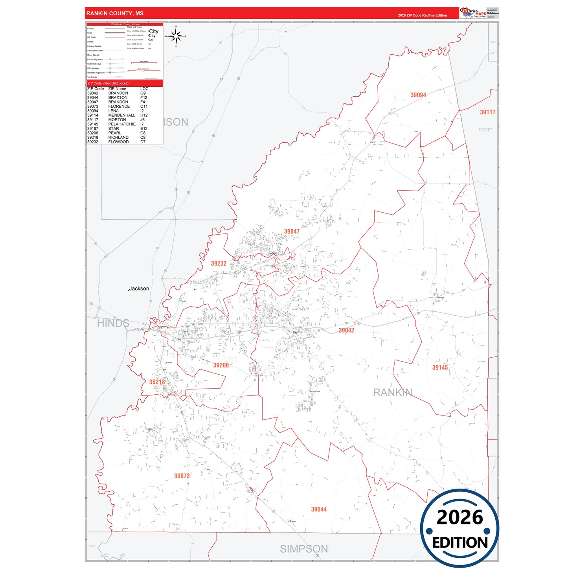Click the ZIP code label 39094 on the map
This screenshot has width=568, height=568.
click(418, 95)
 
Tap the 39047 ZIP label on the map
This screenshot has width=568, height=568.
click(292, 232)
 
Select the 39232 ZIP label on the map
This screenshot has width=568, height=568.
click(219, 264)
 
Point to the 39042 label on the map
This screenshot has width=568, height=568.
click(346, 331)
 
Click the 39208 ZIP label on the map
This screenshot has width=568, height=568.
click(221, 366)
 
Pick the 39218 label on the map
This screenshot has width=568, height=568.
click(157, 382)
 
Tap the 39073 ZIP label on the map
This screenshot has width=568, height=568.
click(182, 476)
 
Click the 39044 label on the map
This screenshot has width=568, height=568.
click(319, 509)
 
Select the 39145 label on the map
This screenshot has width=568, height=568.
click(440, 368)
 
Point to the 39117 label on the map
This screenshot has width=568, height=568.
click(487, 112)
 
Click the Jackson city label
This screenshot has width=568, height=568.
click(139, 289)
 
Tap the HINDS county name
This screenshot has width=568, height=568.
click(113, 324)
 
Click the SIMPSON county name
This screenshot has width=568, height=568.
click(304, 549)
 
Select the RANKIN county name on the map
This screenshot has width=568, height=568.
click(392, 393)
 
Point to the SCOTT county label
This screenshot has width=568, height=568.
click(485, 130)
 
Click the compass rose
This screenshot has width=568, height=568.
click(176, 36)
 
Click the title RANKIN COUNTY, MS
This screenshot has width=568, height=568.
click(115, 13)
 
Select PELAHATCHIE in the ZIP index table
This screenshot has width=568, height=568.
click(122, 124)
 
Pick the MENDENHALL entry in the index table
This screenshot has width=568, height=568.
click(121, 116)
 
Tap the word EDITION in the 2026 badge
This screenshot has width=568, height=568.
click(460, 543)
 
